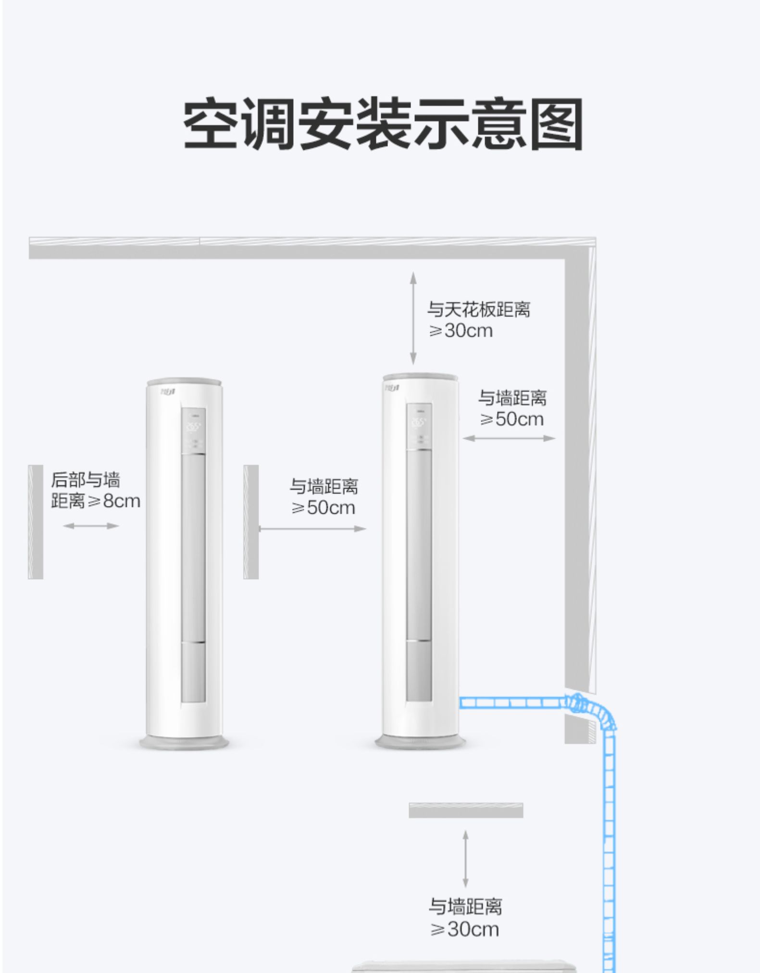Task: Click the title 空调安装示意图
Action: click(x=383, y=124)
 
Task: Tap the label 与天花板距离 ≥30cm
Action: click(x=479, y=320)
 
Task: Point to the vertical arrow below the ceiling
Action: click(x=413, y=318)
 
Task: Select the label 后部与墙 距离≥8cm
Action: click(x=95, y=490)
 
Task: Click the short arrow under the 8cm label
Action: click(x=91, y=526)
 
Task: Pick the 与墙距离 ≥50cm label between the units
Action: click(x=324, y=497)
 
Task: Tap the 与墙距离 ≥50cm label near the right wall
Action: click(x=512, y=408)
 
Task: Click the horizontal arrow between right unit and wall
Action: click(x=509, y=438)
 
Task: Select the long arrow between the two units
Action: click(x=312, y=529)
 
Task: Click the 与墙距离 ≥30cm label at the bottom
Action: click(x=465, y=918)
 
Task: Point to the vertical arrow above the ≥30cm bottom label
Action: click(x=465, y=859)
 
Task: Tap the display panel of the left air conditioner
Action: click(x=193, y=431)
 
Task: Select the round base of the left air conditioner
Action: click(x=184, y=743)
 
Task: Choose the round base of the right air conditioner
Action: click(x=420, y=742)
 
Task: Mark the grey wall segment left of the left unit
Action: click(x=36, y=522)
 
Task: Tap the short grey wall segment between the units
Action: click(x=251, y=522)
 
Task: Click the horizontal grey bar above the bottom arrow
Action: click(x=466, y=810)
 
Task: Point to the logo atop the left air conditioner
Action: click(x=168, y=392)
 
